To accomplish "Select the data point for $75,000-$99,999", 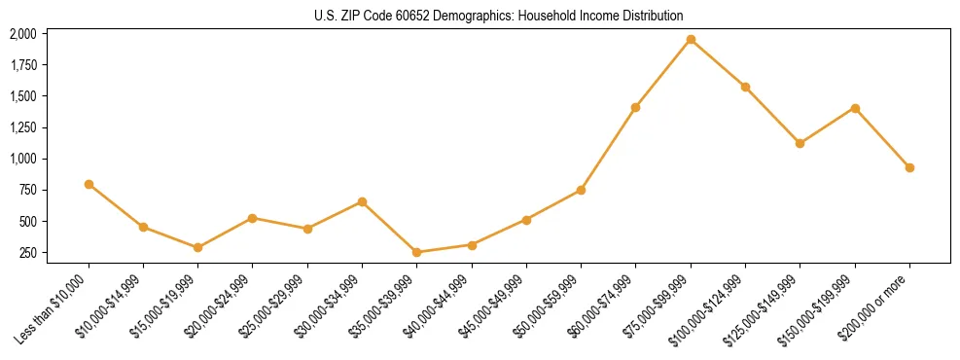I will tap(691, 40).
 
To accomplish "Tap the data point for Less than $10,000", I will tap(89, 184).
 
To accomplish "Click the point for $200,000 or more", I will tap(909, 167).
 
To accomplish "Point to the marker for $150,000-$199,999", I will tap(855, 108).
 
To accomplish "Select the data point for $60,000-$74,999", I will tap(636, 107).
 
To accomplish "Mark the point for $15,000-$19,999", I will tap(198, 247).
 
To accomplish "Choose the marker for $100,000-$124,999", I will tap(745, 87).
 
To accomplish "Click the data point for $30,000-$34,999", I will tap(363, 201).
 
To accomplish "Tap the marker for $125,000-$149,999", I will tap(800, 143).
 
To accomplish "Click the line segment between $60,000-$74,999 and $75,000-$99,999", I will tap(663, 74).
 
